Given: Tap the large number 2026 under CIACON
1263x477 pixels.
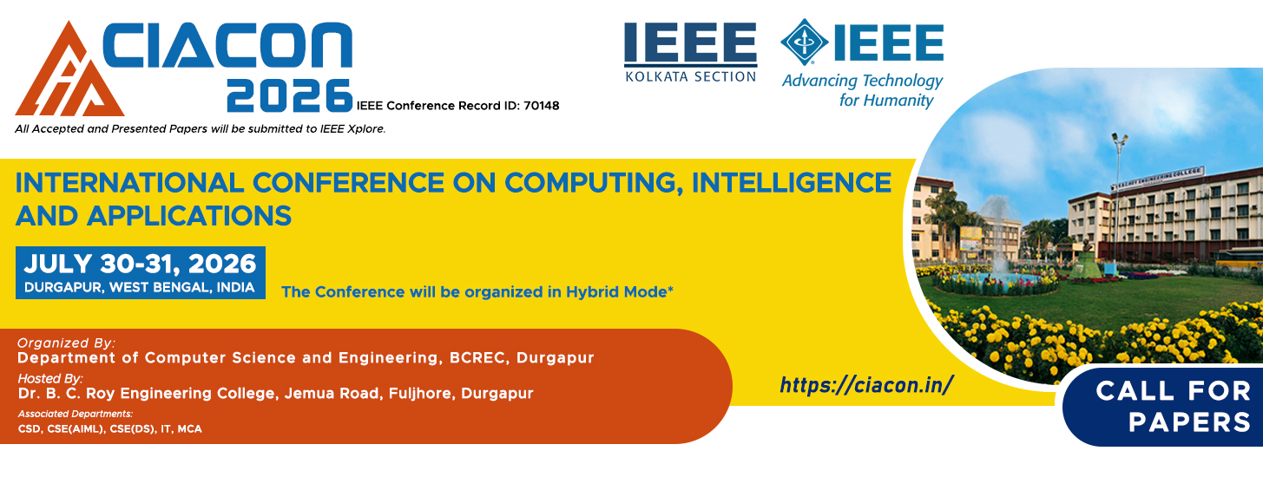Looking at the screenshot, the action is (290, 95).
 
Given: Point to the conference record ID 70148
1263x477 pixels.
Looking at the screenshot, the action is (542, 106).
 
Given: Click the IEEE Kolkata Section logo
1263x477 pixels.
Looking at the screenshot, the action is (691, 52).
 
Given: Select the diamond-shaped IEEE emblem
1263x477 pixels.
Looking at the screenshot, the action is (804, 42).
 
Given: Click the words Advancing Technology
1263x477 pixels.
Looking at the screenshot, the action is (862, 82).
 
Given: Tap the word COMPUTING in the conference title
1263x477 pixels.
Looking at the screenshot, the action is (589, 183).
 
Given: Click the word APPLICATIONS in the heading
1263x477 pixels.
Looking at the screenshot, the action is (189, 216).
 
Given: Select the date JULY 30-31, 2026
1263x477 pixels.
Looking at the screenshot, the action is (140, 264).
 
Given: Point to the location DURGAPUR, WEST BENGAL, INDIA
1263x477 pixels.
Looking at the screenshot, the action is (139, 287).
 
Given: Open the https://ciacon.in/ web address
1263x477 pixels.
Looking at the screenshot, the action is (866, 385).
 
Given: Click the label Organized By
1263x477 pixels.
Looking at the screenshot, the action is (66, 343).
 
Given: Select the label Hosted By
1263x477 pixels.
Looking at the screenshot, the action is (50, 378).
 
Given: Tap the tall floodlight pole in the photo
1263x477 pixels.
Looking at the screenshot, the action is (1117, 197).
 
